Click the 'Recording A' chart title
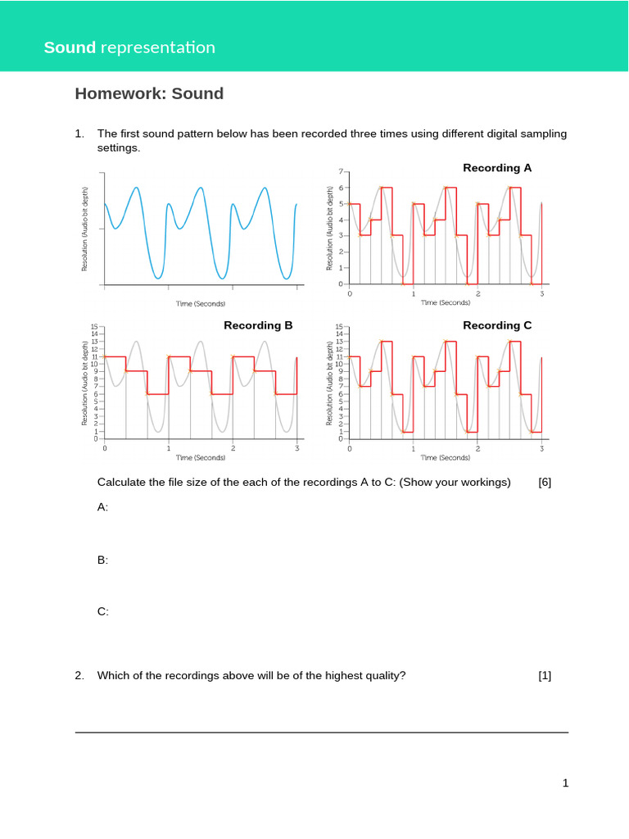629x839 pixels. (497, 168)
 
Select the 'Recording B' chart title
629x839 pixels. (258, 325)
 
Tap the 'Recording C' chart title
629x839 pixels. (497, 325)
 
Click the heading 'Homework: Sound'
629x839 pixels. (149, 93)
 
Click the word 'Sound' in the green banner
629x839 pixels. (70, 48)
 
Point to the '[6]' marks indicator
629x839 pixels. (545, 482)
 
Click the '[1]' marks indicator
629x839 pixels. (545, 676)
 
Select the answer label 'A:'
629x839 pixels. (102, 507)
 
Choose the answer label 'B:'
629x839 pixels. (102, 560)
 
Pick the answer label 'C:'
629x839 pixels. (102, 611)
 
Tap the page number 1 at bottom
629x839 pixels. (565, 783)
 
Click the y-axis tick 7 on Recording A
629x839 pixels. (340, 172)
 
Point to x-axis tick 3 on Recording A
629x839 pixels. (541, 293)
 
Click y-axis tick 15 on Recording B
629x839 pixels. (95, 327)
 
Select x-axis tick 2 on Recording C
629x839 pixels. (477, 449)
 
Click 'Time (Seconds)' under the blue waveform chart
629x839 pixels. (201, 304)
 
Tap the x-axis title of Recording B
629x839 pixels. (201, 458)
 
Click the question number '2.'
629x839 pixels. (79, 676)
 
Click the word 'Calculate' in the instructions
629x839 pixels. (123, 482)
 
